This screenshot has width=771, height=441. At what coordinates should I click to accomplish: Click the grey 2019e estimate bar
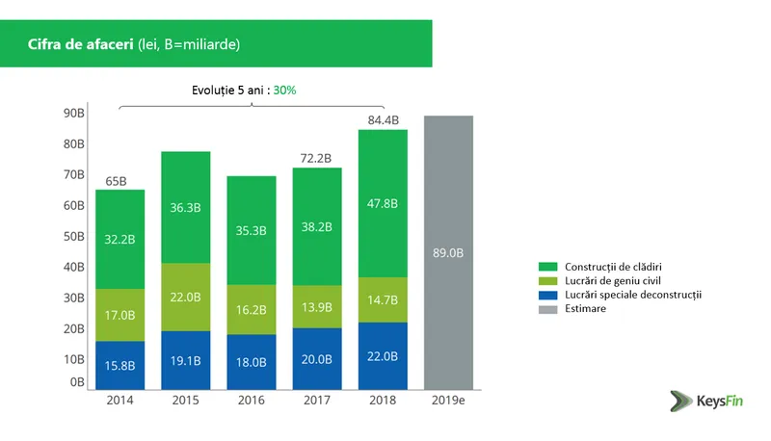click(448, 193)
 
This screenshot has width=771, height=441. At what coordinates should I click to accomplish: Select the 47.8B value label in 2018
click(383, 203)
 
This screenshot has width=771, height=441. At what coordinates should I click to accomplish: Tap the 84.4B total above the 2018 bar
click(383, 120)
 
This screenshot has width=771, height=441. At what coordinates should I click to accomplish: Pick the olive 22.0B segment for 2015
click(186, 297)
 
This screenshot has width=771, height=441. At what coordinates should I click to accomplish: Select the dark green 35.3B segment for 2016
click(252, 231)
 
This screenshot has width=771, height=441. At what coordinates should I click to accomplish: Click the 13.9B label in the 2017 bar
click(317, 307)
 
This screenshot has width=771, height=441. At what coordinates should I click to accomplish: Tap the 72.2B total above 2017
click(317, 158)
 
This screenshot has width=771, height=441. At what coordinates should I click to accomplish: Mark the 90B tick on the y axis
click(74, 113)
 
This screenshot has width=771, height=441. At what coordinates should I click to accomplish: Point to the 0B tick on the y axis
click(77, 382)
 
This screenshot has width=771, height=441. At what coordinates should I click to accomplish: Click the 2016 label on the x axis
click(252, 399)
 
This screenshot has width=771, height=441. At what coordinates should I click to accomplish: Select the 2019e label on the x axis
click(448, 399)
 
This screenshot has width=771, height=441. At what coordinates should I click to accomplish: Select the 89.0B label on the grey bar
click(448, 253)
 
